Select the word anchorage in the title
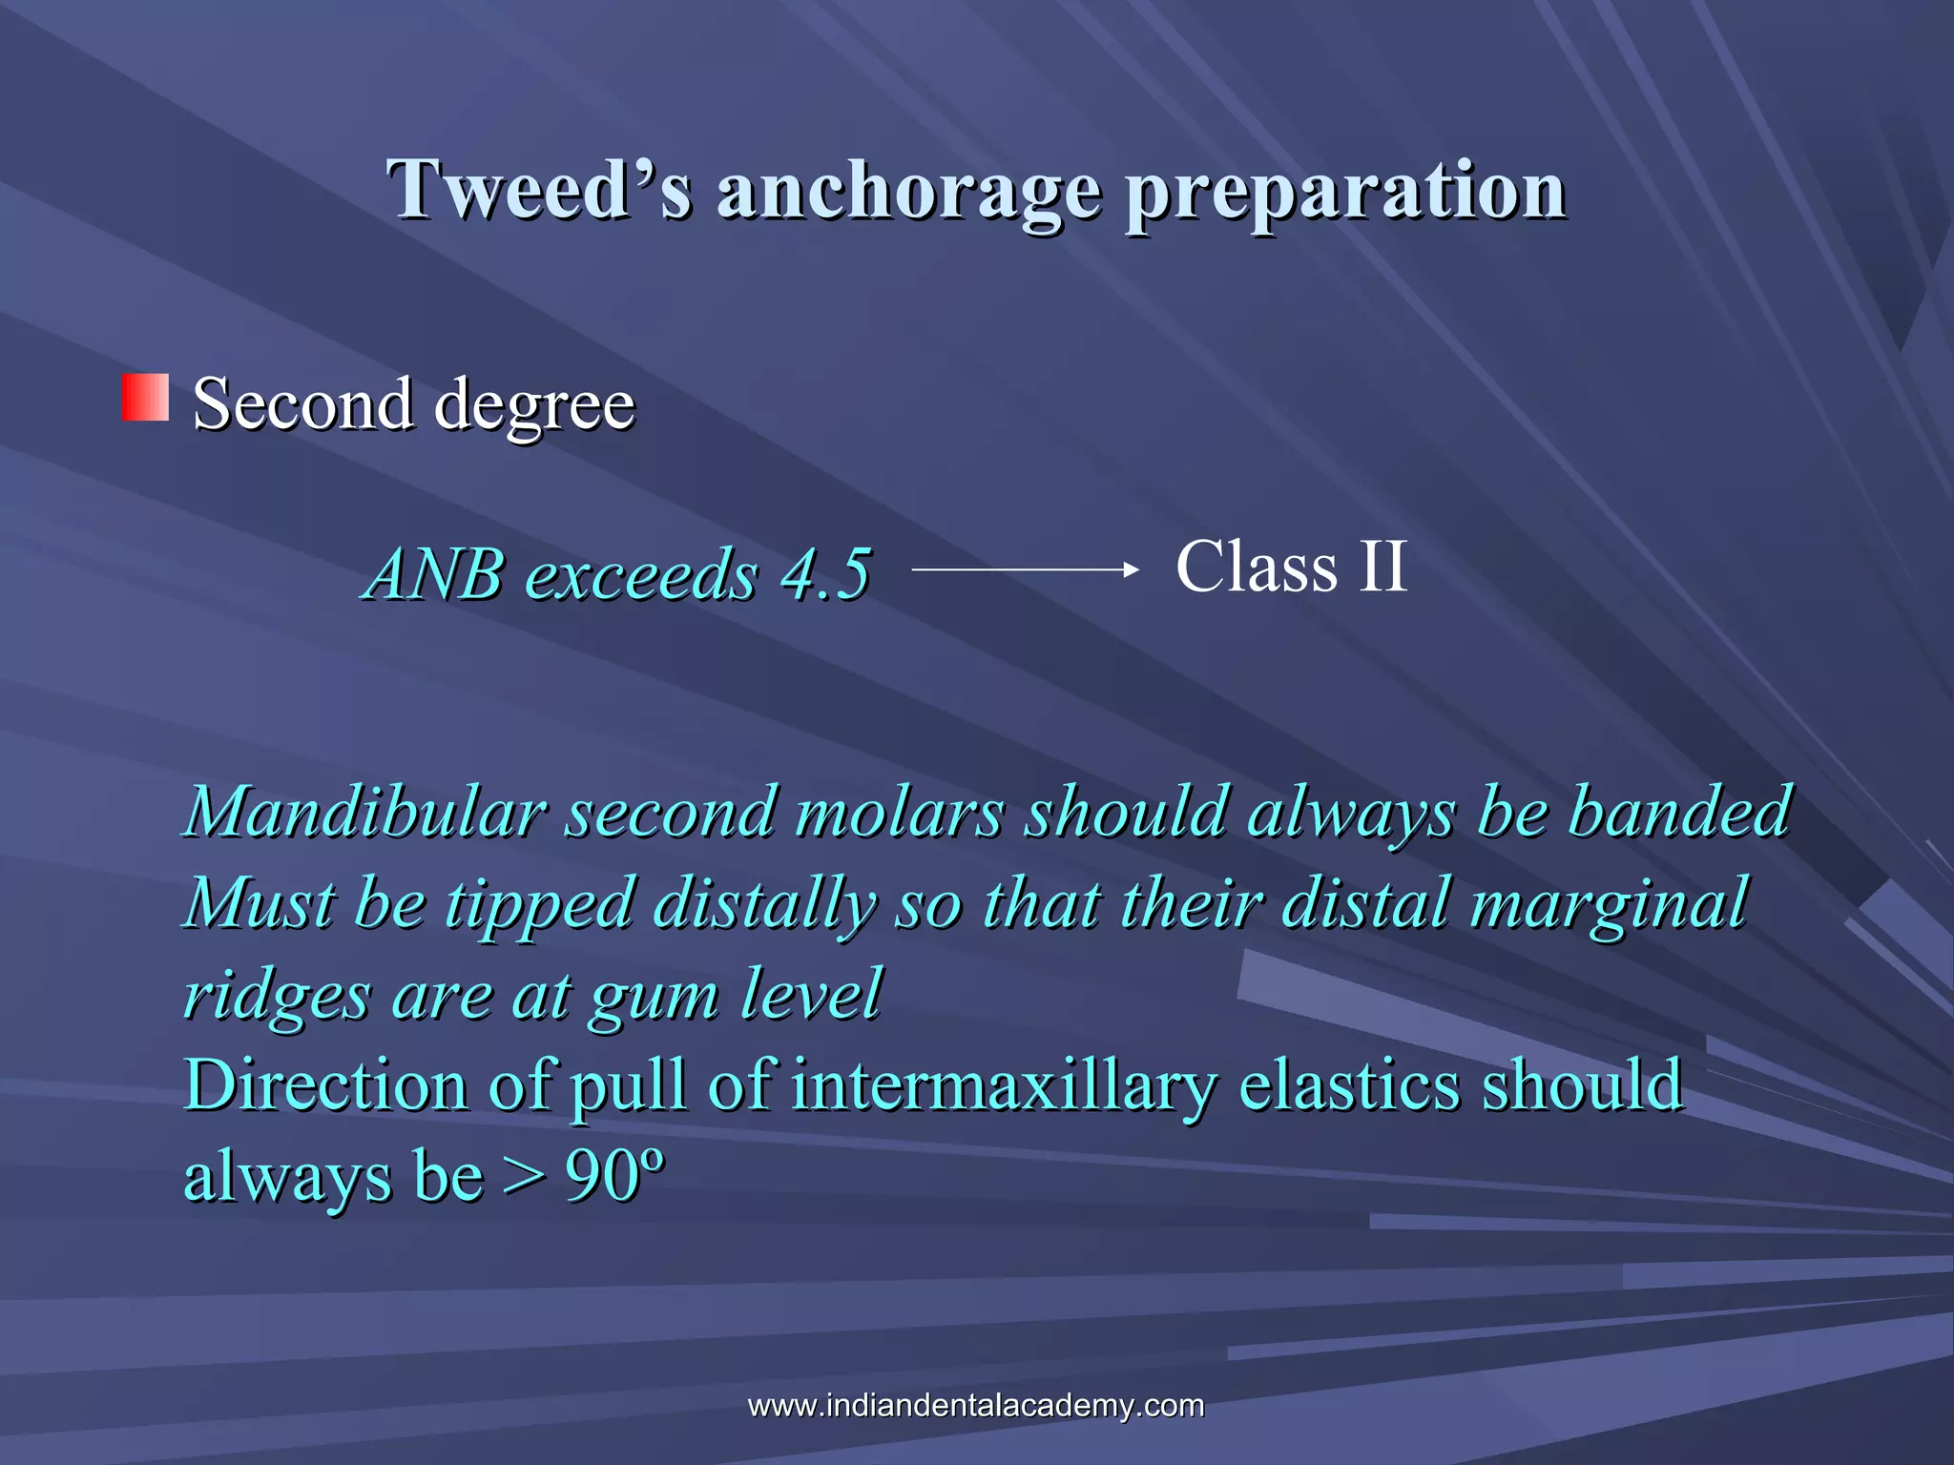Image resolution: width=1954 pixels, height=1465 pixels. tap(908, 191)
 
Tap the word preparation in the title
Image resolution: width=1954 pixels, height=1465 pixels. tap(1345, 191)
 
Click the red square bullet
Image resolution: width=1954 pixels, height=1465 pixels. tap(145, 398)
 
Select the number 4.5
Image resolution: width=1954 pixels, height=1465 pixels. tap(825, 574)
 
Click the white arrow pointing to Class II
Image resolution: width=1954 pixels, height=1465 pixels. tap(1026, 569)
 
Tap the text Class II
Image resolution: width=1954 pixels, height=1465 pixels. tap(1291, 567)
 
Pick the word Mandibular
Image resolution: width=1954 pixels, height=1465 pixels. tap(364, 812)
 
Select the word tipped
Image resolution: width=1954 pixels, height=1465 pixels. tap(540, 902)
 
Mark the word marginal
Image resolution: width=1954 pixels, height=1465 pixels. tap(1610, 904)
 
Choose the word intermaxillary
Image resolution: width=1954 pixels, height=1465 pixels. tap(1004, 1085)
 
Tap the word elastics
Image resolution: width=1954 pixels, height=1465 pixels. tap(1349, 1084)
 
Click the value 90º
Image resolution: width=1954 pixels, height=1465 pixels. tap(613, 1175)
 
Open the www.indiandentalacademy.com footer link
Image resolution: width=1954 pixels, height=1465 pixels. tap(976, 1405)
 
